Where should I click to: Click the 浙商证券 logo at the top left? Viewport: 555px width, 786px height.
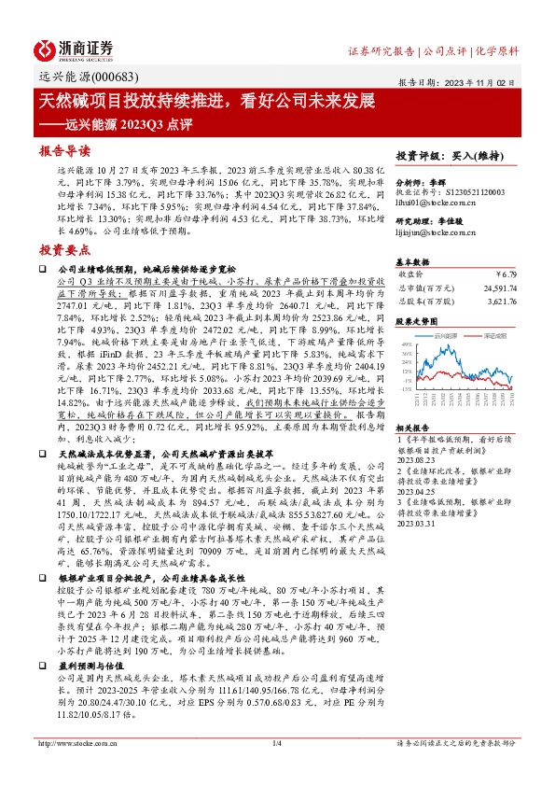pos(75,48)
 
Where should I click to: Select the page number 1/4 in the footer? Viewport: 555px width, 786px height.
pos(276,769)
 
